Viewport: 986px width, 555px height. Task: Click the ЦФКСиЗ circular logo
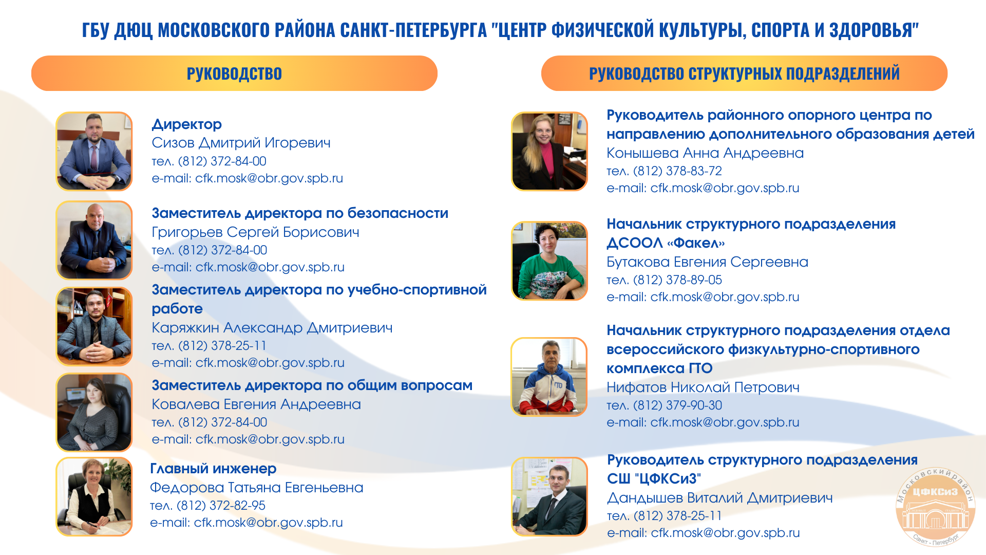(x=935, y=507)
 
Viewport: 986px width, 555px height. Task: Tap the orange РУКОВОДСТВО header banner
(x=234, y=73)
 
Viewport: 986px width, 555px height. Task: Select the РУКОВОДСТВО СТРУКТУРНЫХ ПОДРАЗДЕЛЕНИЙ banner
(x=744, y=73)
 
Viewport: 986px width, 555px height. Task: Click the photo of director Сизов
(x=94, y=151)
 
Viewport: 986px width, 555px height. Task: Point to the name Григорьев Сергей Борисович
(x=255, y=232)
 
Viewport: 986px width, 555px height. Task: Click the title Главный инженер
(x=213, y=469)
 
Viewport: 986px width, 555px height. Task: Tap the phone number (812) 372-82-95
(x=221, y=506)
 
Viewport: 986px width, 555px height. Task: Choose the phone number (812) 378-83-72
(x=677, y=171)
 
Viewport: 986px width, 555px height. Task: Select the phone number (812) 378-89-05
(x=677, y=280)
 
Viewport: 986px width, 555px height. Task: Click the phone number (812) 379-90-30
(x=677, y=405)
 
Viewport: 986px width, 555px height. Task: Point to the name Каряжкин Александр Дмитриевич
(x=272, y=328)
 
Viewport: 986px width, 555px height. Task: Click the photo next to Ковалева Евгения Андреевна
(x=94, y=412)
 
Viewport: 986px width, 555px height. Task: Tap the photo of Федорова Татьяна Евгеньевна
(x=94, y=496)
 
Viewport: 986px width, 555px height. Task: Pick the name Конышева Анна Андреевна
(x=705, y=153)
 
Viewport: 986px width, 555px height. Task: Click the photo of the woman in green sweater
(x=549, y=261)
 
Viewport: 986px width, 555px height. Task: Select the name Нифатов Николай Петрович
(x=703, y=387)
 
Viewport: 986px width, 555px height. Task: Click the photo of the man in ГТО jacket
(x=549, y=377)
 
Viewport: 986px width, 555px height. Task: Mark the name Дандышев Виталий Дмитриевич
(x=720, y=498)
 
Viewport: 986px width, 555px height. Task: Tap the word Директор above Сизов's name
(x=187, y=124)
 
